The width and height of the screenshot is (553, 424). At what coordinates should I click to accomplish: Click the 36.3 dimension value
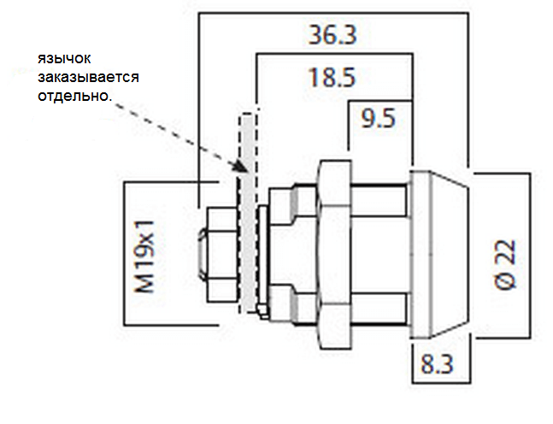(332, 34)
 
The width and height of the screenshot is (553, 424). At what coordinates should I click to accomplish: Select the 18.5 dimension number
(332, 78)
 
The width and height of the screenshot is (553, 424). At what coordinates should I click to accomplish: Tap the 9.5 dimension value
(378, 118)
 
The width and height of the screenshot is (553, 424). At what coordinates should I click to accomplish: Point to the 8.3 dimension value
(437, 363)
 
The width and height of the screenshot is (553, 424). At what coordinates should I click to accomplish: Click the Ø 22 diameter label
(505, 264)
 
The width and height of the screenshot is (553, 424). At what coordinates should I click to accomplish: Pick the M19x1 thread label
(144, 256)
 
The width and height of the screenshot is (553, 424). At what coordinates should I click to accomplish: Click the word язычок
(64, 58)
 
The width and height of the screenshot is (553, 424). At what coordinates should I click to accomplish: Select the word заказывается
(89, 77)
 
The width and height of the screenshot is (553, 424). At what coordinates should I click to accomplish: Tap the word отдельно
(74, 96)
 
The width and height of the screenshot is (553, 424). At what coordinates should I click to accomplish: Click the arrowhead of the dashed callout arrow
(242, 166)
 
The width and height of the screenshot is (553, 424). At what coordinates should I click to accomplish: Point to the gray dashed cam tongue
(248, 213)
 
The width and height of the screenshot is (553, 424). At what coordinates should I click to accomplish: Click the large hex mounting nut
(334, 255)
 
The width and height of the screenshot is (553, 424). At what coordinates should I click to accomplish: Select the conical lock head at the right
(439, 255)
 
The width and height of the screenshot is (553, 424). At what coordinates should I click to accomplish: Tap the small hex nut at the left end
(222, 255)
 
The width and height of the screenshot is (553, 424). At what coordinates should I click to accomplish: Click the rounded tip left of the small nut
(203, 255)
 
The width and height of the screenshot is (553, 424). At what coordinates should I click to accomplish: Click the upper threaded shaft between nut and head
(379, 200)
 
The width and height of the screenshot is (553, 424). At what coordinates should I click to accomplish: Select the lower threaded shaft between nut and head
(379, 309)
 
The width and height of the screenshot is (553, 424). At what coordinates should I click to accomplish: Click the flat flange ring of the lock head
(420, 255)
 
